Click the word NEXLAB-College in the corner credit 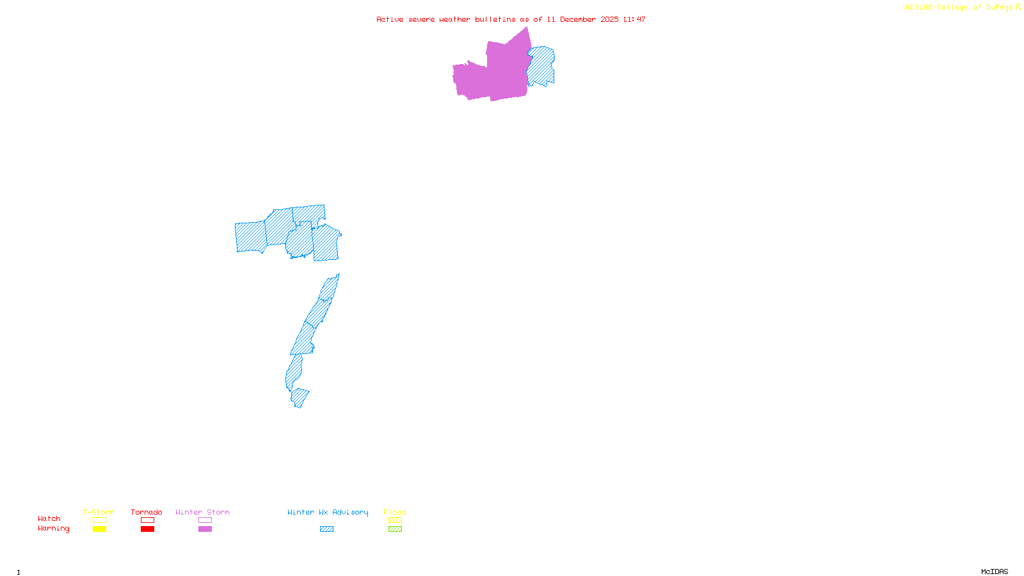tap(936, 8)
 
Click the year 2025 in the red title tap(609, 19)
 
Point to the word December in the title tap(578, 19)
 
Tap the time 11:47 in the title tap(634, 19)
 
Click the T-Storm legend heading tap(99, 512)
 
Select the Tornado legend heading tap(147, 512)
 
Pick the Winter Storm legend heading tap(202, 512)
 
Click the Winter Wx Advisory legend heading tap(328, 512)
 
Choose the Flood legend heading tap(395, 512)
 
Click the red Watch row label tap(49, 518)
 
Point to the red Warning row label tap(54, 529)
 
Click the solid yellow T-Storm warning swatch tap(99, 529)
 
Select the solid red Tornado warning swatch tap(147, 529)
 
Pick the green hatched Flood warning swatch tap(395, 529)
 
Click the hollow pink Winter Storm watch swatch tap(205, 520)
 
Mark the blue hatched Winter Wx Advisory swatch tap(326, 529)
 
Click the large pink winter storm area tap(493, 74)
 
